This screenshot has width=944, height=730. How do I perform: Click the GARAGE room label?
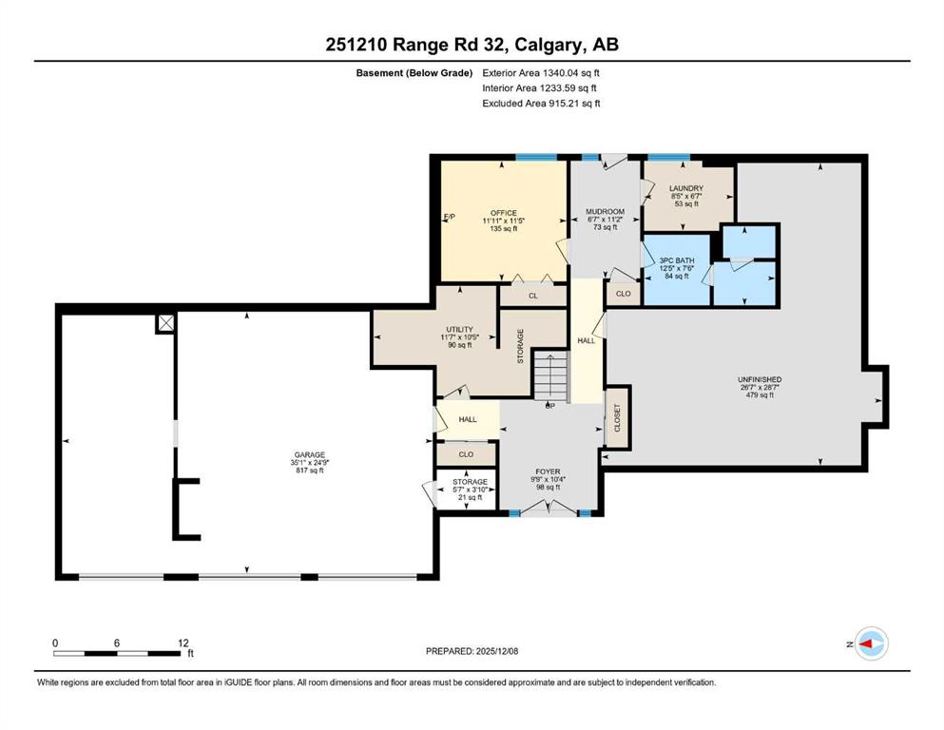[310, 455]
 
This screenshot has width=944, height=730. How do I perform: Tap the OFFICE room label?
[503, 213]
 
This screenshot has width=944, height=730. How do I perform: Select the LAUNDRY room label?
[686, 188]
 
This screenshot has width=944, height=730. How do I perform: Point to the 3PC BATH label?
[677, 260]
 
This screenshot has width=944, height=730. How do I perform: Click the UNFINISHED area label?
[760, 380]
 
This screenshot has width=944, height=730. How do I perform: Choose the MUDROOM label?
[605, 212]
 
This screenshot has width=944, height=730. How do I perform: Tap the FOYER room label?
[548, 471]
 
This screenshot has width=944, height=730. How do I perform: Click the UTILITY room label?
[459, 330]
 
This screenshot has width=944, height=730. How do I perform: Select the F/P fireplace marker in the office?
[449, 218]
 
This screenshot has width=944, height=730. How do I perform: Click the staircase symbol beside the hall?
[551, 376]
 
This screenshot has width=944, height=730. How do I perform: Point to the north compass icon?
[872, 644]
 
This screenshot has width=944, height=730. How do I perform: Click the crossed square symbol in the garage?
[166, 323]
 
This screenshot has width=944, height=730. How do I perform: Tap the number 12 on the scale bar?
[183, 643]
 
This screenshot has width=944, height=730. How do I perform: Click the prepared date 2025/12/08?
[496, 651]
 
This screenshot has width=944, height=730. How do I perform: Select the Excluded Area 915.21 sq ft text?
[541, 104]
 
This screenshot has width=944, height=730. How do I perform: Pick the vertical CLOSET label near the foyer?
[616, 417]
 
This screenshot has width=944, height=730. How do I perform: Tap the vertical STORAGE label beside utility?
[520, 346]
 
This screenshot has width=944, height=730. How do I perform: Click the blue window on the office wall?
[536, 158]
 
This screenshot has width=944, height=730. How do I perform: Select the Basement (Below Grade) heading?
[414, 73]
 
